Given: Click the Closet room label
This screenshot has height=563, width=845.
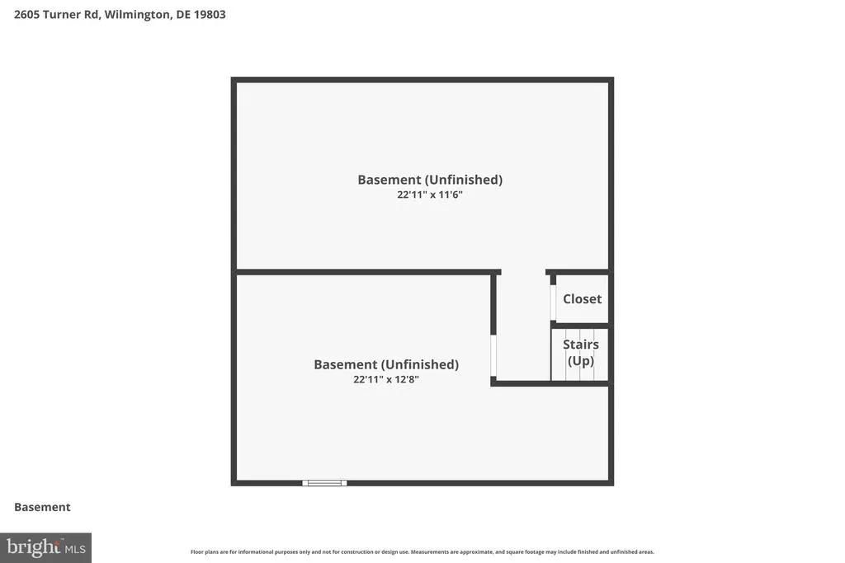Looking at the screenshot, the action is pyautogui.click(x=582, y=298).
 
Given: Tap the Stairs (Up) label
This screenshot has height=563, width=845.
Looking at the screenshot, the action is pyautogui.click(x=580, y=353).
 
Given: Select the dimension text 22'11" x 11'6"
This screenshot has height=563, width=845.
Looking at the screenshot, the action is pyautogui.click(x=429, y=195).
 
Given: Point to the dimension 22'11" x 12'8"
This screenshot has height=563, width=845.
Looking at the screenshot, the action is pyautogui.click(x=386, y=379).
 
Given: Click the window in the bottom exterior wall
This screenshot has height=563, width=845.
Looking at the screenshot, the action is pyautogui.click(x=324, y=483).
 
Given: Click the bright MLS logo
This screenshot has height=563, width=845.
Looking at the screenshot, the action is pyautogui.click(x=46, y=548).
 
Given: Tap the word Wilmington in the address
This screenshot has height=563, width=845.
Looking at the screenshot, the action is pyautogui.click(x=137, y=15).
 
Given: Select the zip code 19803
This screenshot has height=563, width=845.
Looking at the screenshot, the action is pyautogui.click(x=210, y=15).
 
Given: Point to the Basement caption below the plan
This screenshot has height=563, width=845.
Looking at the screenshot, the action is pyautogui.click(x=42, y=507).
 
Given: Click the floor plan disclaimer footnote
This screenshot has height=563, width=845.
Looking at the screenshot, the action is pyautogui.click(x=422, y=551).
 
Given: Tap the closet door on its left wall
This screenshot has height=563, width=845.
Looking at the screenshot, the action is pyautogui.click(x=553, y=303).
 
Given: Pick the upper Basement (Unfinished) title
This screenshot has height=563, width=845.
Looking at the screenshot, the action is pyautogui.click(x=430, y=180).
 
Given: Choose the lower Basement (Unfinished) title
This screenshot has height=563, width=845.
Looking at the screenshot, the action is pyautogui.click(x=386, y=364).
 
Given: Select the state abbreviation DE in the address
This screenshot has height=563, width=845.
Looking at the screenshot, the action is pyautogui.click(x=183, y=15).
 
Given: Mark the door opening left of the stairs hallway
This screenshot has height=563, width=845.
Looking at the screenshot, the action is pyautogui.click(x=493, y=355).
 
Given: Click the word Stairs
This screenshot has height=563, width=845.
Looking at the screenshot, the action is pyautogui.click(x=580, y=345).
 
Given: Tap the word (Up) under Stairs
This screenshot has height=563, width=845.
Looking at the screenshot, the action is pyautogui.click(x=580, y=360).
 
